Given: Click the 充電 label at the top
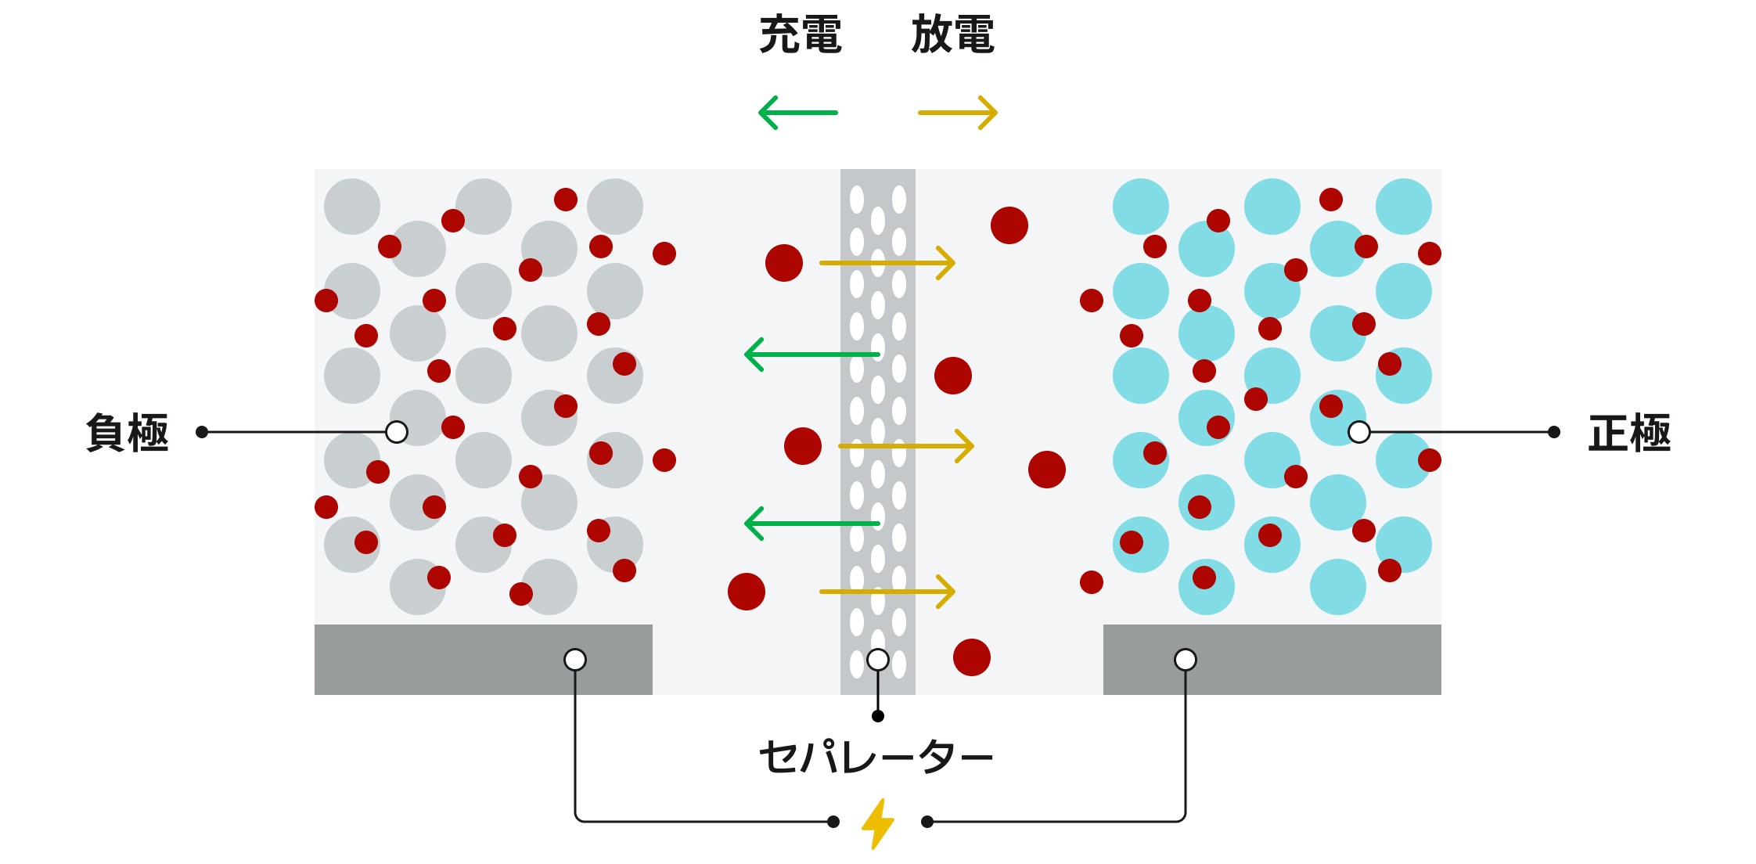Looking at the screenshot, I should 800,35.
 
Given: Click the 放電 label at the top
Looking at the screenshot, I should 952,35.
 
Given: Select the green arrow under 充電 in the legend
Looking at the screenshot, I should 798,113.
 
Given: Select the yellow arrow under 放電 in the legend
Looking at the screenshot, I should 957,113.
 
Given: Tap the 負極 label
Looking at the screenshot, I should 127,433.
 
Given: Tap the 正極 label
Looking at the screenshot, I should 1629,433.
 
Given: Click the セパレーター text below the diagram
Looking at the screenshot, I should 876,757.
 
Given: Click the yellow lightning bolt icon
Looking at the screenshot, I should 878,823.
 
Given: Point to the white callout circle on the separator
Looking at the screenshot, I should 878,660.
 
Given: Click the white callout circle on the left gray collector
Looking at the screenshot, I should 575,660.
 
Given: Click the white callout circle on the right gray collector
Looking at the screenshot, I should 1186,660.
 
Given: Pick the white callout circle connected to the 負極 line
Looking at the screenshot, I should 397,432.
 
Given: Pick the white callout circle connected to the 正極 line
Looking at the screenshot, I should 1359,432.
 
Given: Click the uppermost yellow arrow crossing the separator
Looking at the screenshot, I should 887,263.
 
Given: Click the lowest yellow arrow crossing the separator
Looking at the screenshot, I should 887,592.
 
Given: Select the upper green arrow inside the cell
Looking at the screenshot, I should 811,355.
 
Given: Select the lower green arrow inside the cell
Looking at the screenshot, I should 811,524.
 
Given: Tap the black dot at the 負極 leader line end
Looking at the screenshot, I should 202,432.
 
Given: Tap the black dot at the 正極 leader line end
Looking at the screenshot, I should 1554,432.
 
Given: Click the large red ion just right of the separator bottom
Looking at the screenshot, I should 972,657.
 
